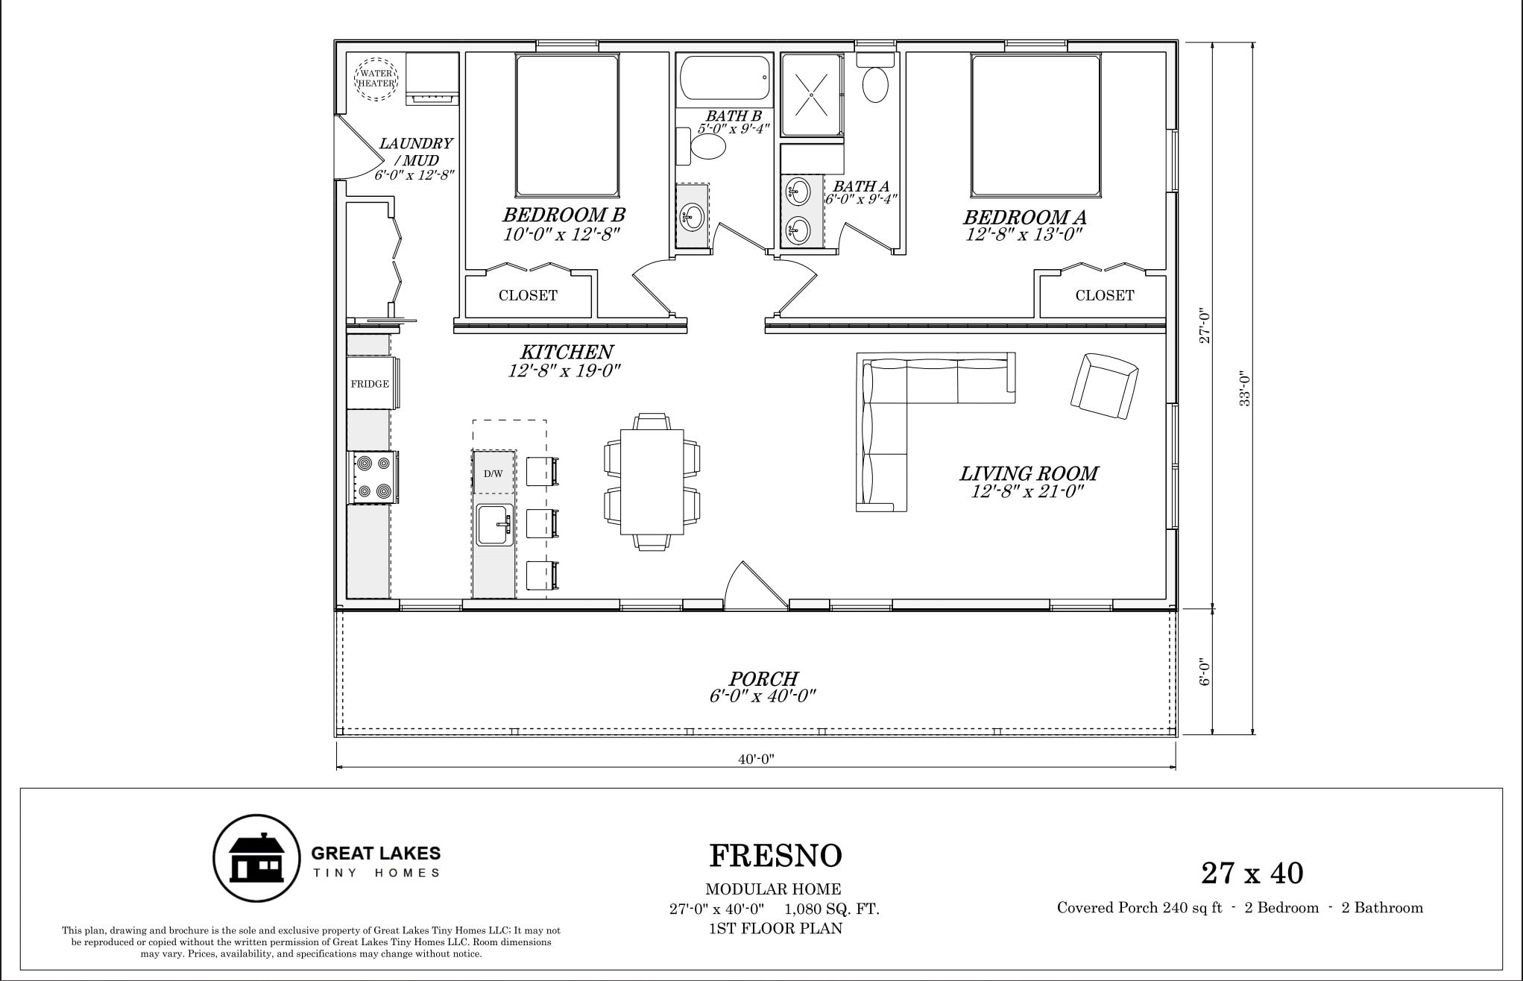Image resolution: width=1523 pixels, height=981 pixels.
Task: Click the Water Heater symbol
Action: [376, 79]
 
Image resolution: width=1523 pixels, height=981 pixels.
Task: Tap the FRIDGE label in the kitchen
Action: [370, 384]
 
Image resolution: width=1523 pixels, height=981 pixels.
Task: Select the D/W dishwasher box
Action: [494, 472]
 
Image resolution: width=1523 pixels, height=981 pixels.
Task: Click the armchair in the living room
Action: [1104, 386]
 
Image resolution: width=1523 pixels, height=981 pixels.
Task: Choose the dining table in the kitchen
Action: [652, 482]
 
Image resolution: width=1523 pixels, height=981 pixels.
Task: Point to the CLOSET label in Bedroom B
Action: [528, 296]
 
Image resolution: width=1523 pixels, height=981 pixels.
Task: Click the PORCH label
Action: [763, 678]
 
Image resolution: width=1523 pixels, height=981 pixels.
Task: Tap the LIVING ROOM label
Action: [1028, 473]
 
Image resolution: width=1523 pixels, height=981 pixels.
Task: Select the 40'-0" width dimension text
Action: [757, 760]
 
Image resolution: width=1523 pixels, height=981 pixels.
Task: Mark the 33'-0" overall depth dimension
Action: [1244, 388]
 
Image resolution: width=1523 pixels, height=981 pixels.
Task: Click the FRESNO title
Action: [775, 857]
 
